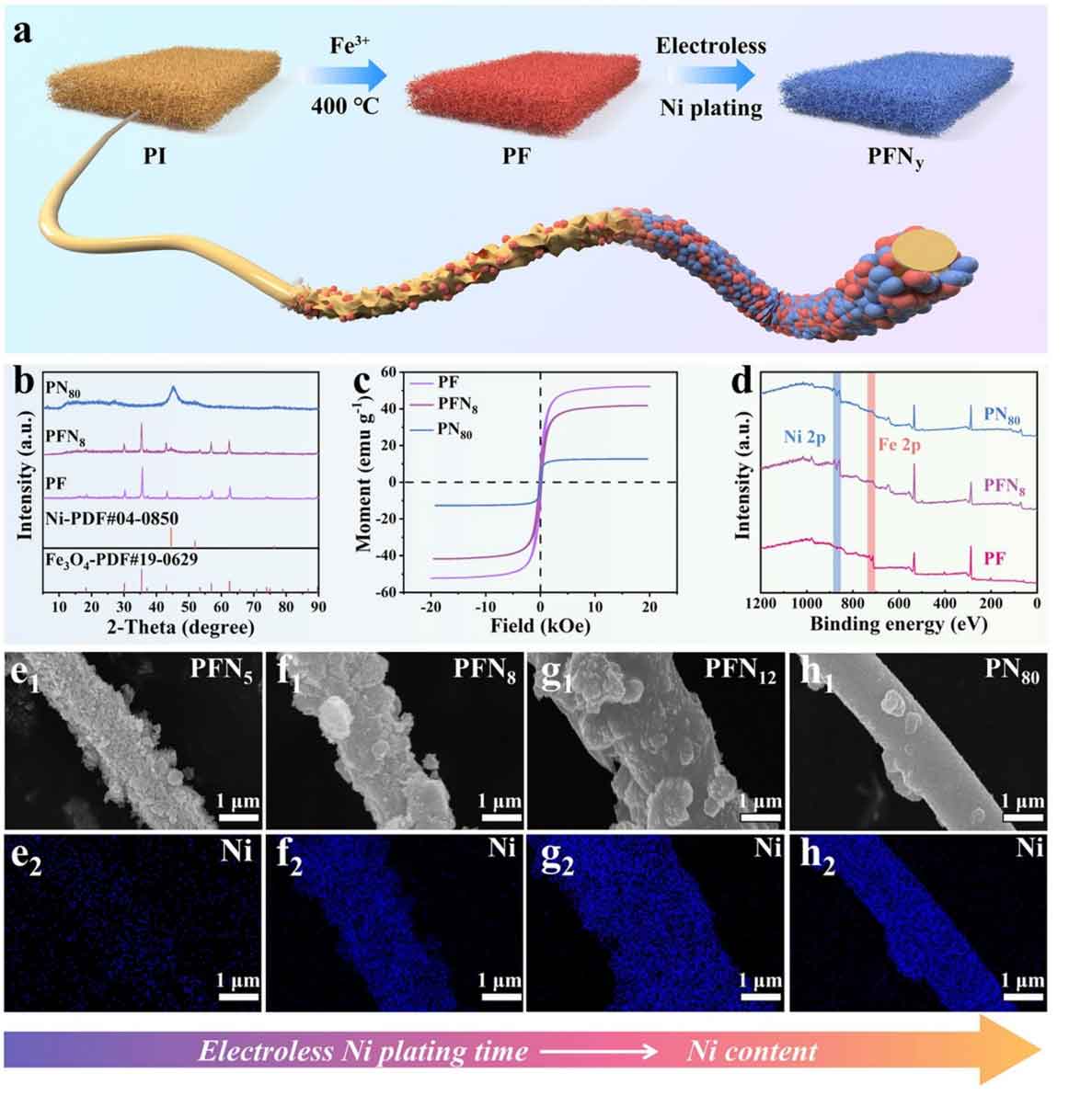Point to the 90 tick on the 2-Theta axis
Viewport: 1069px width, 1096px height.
[x=317, y=607]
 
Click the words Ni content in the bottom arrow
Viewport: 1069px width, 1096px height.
[x=752, y=1051]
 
